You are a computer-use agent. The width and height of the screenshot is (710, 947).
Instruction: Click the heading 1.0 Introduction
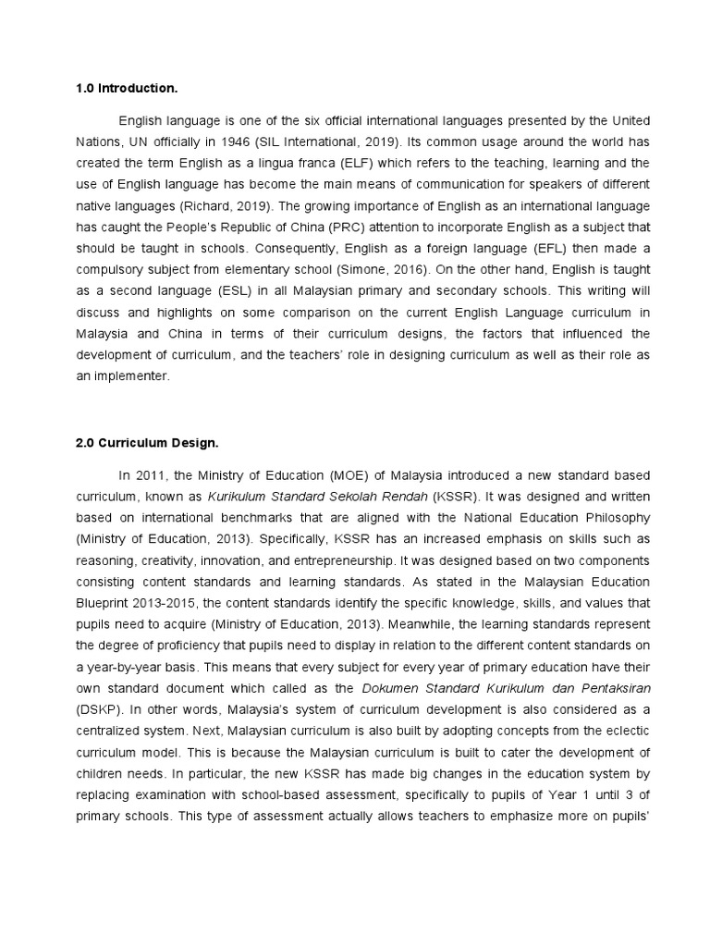tap(126, 89)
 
